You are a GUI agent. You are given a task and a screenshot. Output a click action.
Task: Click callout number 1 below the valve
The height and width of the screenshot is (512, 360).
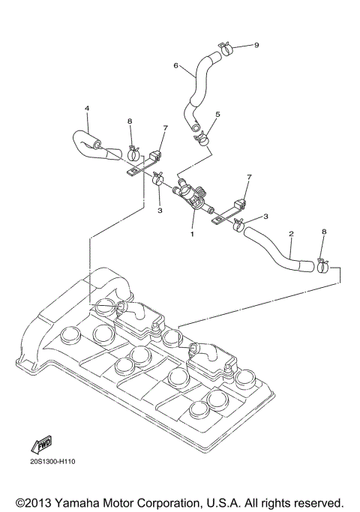pos(192,234)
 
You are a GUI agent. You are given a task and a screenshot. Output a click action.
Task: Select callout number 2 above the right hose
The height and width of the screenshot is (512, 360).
pos(291,233)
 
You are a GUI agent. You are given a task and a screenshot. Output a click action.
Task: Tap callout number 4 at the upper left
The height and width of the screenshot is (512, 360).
pos(87,109)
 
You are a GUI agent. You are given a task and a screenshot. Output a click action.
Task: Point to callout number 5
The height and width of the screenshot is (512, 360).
pos(217,115)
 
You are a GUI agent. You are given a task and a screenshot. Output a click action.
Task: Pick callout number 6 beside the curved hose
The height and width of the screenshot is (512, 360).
pos(176,66)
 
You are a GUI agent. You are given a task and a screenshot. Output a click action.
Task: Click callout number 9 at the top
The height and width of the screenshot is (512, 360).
pos(256,45)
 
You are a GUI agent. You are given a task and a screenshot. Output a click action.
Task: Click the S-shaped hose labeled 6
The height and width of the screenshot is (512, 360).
pos(199,86)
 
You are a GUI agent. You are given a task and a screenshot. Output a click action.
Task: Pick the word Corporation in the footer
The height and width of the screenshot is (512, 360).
pos(166,501)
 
